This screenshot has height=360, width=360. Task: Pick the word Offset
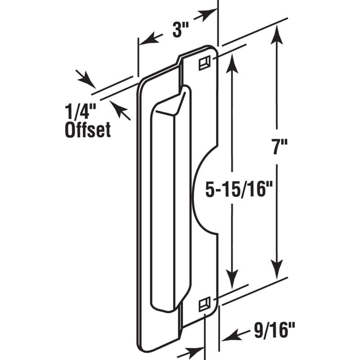[88, 130]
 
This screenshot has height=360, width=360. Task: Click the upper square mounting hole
[205, 63]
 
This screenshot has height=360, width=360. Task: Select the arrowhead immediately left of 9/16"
[229, 334]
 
